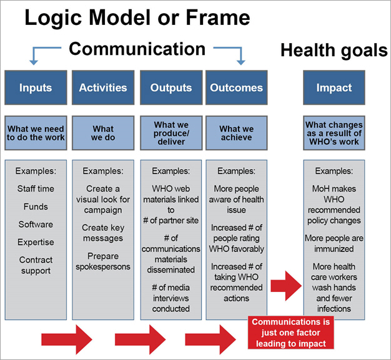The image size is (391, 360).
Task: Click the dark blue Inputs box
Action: (36, 87)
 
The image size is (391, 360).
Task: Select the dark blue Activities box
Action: (102, 87)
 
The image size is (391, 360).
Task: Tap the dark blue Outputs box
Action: (171, 87)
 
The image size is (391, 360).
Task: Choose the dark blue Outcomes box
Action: (236, 87)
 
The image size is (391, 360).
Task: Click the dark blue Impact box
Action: (334, 87)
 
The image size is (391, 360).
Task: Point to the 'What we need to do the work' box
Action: (36, 133)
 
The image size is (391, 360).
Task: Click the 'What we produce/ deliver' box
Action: (171, 133)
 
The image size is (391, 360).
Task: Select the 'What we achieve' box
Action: (236, 133)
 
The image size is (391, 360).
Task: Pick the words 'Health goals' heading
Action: (334, 51)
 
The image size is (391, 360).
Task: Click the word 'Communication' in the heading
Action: (137, 49)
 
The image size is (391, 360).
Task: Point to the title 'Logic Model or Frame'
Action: (137, 18)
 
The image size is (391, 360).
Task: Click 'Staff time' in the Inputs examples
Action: (35, 188)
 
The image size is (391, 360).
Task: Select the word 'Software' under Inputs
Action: (35, 224)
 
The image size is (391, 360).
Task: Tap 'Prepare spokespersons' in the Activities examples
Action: (102, 261)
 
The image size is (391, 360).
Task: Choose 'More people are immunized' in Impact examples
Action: (334, 243)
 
